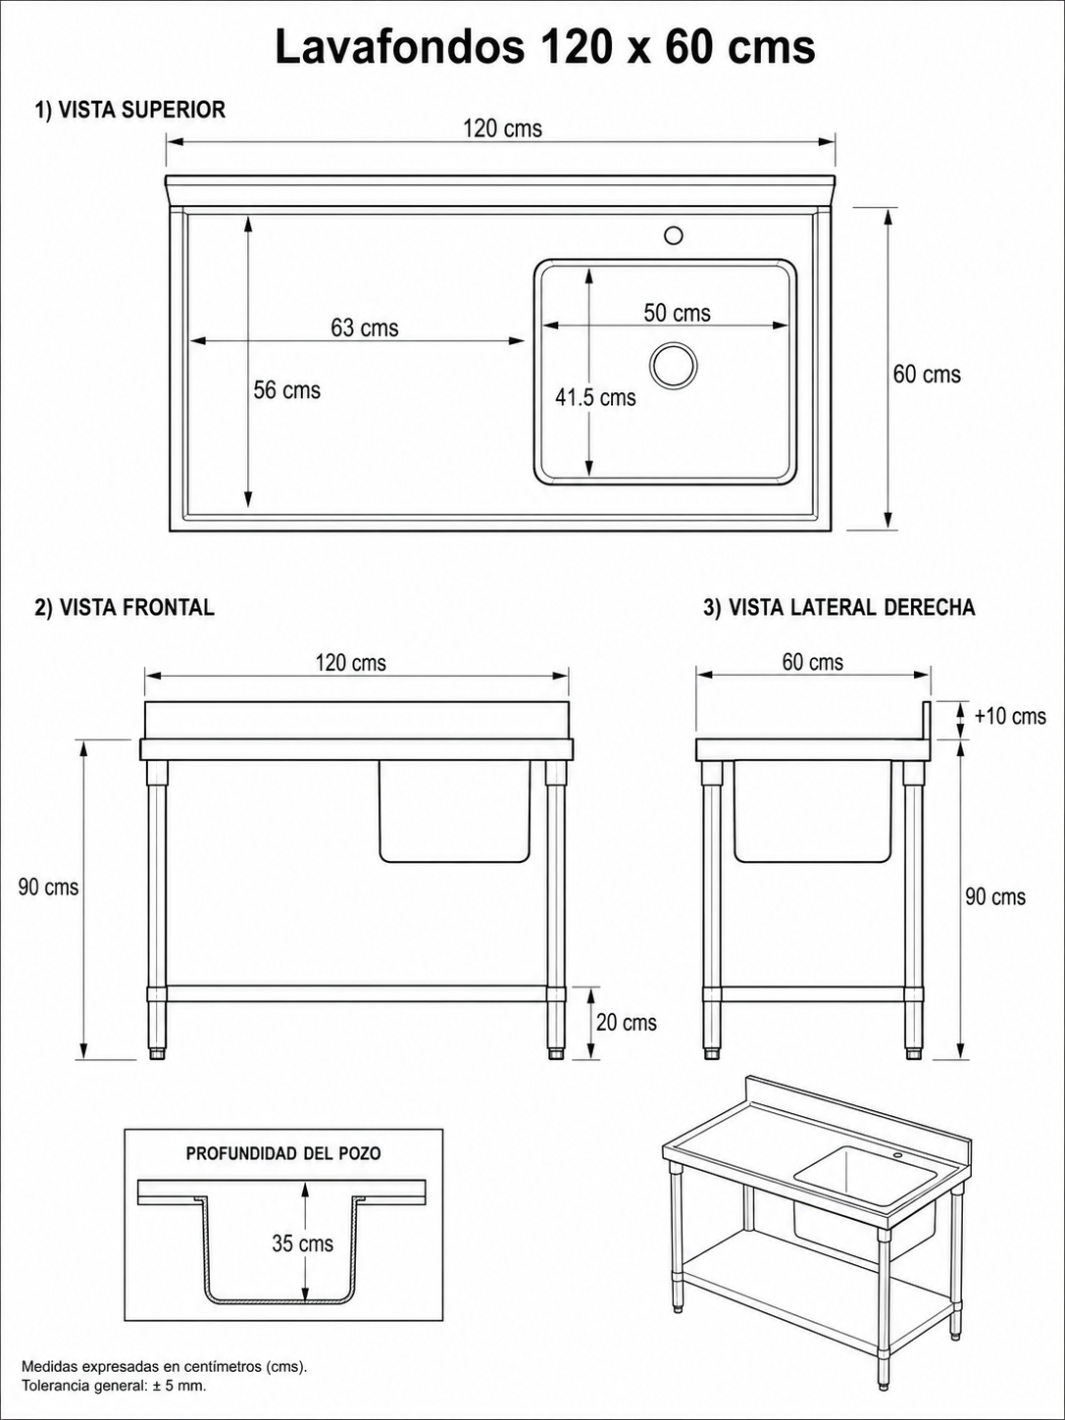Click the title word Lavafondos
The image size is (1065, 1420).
click(x=399, y=47)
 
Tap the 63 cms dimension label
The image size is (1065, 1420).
click(x=365, y=328)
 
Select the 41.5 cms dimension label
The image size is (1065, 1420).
click(x=595, y=397)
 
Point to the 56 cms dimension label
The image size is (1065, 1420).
click(x=287, y=390)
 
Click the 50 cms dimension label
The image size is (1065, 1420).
click(x=677, y=313)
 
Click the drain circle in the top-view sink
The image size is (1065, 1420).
click(x=674, y=365)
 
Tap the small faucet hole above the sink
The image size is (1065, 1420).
click(x=674, y=234)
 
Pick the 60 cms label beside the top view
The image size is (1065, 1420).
click(x=927, y=374)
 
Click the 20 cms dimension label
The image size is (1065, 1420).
click(x=626, y=1023)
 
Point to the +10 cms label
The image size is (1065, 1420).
click(x=1010, y=716)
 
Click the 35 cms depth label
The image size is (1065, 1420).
click(x=303, y=1243)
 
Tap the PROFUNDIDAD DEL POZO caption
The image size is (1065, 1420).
click(x=283, y=1153)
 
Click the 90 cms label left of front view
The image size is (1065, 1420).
click(x=48, y=887)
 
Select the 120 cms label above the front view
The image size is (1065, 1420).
click(x=351, y=663)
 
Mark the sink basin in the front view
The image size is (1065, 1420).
click(x=455, y=811)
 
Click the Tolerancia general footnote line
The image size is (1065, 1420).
click(x=114, y=1387)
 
